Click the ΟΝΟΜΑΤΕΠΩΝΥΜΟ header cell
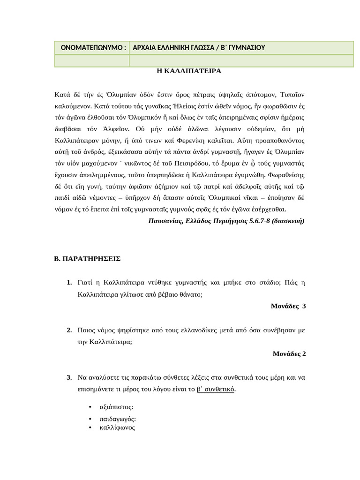[91, 48]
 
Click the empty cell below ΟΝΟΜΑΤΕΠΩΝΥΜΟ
[91, 61]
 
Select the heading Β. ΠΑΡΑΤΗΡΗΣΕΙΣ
[88, 258]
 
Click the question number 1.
[69, 283]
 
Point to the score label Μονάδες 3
[288, 306]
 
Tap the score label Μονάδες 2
[289, 353]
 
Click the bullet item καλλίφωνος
[117, 427]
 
